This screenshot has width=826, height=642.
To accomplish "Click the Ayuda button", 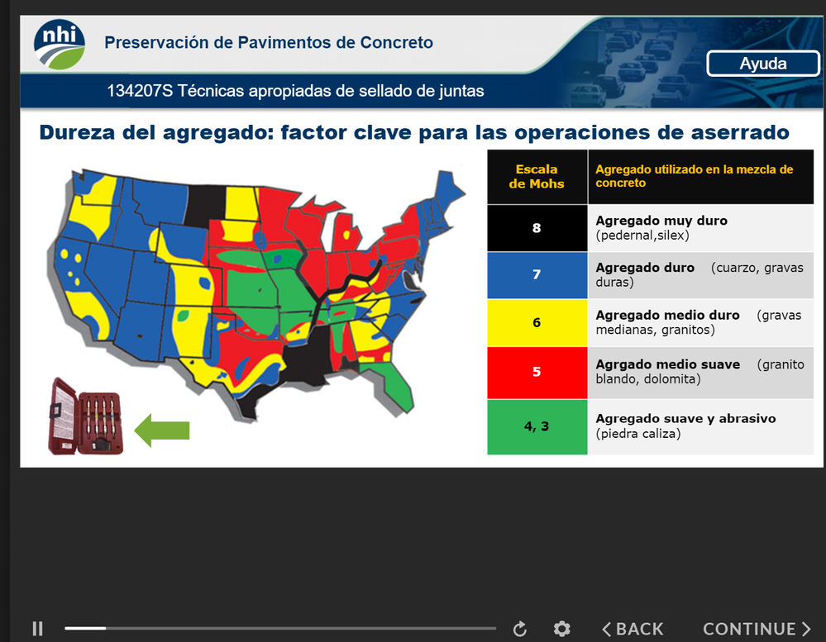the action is [x=763, y=64].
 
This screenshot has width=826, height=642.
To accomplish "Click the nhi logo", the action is [x=60, y=44].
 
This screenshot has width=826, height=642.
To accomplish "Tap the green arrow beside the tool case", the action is [x=162, y=430].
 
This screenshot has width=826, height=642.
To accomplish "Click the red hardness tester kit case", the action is [x=86, y=416].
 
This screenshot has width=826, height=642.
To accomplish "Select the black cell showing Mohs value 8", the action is [x=537, y=228].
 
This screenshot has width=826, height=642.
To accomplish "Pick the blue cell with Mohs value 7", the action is [x=537, y=274].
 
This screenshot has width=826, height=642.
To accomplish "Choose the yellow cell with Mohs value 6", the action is [x=537, y=322].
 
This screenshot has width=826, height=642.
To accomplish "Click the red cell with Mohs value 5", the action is [x=537, y=372].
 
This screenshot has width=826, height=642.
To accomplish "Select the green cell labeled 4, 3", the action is [x=537, y=426].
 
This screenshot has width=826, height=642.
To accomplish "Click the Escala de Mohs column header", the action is [x=537, y=176].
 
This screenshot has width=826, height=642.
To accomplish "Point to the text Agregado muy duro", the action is [x=661, y=221].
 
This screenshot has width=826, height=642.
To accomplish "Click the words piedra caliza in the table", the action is [x=638, y=434].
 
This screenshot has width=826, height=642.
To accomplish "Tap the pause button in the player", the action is [x=37, y=628].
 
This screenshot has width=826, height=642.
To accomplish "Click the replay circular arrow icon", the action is [x=520, y=628].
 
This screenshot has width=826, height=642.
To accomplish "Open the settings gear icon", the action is [x=562, y=628].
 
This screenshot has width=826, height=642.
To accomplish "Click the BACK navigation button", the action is [x=633, y=629].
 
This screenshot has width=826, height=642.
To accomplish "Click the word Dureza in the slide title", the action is [x=77, y=132].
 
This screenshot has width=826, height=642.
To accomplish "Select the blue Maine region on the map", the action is [x=448, y=188].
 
